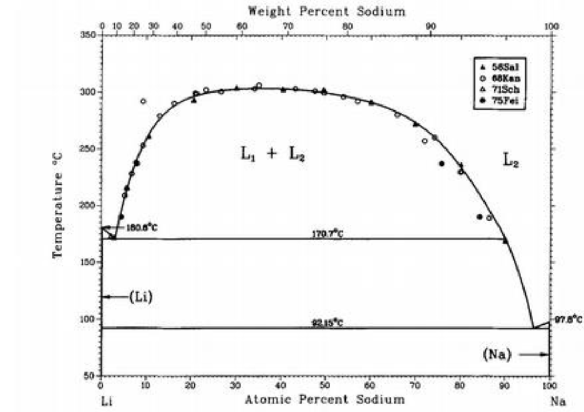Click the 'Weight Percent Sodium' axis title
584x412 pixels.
pyautogui.click(x=327, y=11)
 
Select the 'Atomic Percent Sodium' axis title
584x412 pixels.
pyautogui.click(x=325, y=400)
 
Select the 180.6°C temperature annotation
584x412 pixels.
pyautogui.click(x=142, y=228)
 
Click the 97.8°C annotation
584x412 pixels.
pyautogui.click(x=568, y=319)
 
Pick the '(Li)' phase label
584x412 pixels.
pyautogui.click(x=141, y=297)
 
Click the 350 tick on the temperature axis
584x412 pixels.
pyautogui.click(x=88, y=35)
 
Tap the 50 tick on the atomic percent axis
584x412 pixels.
pyautogui.click(x=324, y=385)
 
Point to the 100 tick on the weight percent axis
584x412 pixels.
pyautogui.click(x=551, y=25)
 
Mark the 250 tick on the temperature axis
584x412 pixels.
pyautogui.click(x=88, y=149)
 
